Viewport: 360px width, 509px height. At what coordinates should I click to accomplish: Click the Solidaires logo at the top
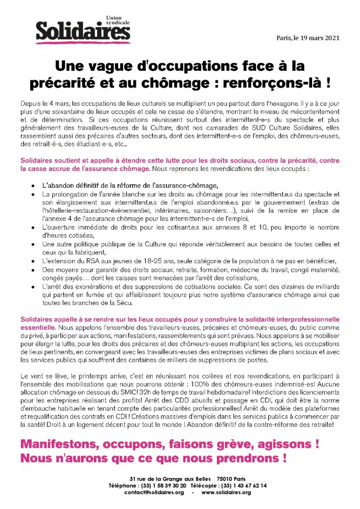[82, 31]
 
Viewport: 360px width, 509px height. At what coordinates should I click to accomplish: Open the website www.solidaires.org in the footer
[226, 493]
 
